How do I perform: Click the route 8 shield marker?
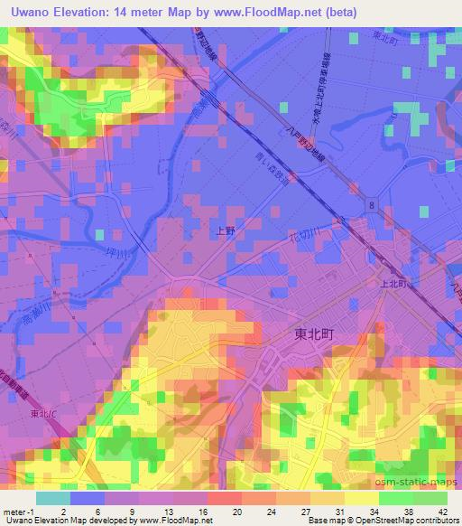pos(373,206)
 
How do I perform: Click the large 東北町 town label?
pos(315,333)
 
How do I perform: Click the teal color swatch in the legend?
pos(52,498)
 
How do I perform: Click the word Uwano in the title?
pos(36,13)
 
